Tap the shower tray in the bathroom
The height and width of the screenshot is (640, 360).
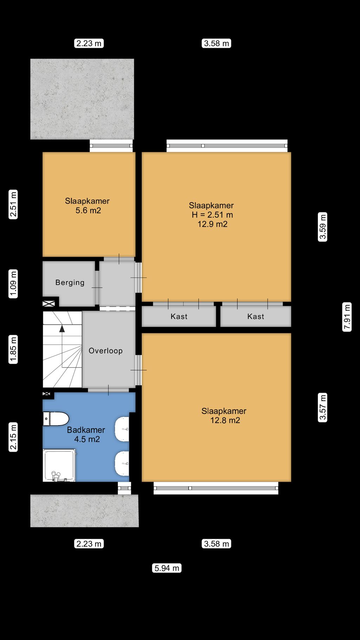click(59, 465)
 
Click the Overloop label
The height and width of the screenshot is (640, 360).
click(105, 351)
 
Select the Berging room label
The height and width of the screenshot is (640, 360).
click(70, 282)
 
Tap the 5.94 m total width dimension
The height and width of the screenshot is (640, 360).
click(167, 568)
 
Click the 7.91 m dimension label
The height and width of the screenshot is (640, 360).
click(347, 317)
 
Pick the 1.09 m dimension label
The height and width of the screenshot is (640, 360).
click(13, 284)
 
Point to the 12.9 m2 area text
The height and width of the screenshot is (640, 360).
click(212, 224)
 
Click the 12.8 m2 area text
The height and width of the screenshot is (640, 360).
click(225, 420)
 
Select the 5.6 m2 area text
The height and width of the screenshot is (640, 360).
click(88, 210)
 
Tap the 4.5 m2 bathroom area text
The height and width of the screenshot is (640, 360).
click(87, 439)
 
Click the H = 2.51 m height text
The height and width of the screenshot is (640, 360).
click(212, 215)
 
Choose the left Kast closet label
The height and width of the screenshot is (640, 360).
click(179, 316)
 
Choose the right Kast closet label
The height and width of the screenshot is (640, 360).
click(256, 316)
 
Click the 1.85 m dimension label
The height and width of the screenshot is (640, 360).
click(13, 349)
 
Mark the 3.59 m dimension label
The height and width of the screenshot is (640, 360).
click(322, 227)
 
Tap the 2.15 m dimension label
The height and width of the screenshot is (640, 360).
click(13, 437)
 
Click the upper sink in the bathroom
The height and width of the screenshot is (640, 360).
click(122, 429)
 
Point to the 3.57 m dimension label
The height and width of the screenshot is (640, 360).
click(322, 408)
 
